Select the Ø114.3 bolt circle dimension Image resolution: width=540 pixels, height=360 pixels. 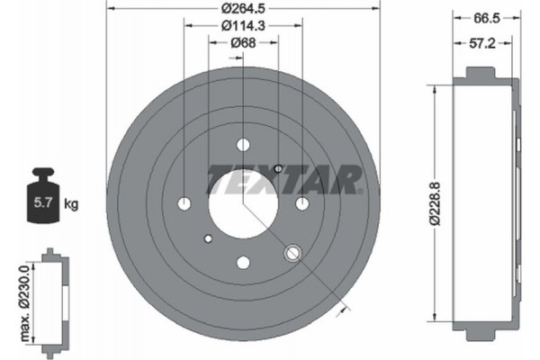click(x=243, y=27)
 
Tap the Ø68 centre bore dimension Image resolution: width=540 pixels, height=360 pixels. click(x=241, y=43)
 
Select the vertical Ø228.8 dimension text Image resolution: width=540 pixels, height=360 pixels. click(x=436, y=204)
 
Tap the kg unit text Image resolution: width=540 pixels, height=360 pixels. click(x=71, y=204)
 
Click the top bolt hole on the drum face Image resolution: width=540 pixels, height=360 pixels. click(x=242, y=144)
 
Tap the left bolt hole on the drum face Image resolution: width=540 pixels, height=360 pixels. click(x=184, y=203)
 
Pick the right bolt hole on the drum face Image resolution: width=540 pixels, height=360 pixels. click(x=301, y=203)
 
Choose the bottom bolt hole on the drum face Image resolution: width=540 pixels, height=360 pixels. click(x=242, y=262)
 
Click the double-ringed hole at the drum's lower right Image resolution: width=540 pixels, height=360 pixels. click(x=292, y=254)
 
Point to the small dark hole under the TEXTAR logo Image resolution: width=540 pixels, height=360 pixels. click(x=278, y=168)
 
